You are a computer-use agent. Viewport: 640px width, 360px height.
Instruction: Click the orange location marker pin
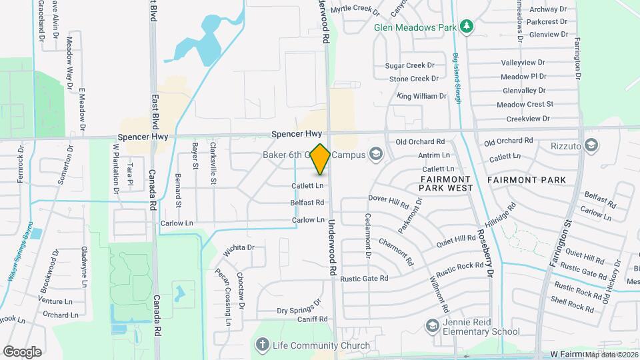coord(321,159)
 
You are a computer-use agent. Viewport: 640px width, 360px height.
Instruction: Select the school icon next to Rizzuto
coord(591,145)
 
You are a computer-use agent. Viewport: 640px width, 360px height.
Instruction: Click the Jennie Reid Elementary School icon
coord(431,325)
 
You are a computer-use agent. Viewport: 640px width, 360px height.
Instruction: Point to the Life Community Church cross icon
coord(262,345)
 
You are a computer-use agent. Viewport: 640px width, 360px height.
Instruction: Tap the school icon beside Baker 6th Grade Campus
coord(375,155)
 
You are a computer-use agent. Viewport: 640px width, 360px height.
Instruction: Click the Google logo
coord(22,351)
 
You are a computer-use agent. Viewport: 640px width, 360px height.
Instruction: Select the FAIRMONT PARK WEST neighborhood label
coord(446,184)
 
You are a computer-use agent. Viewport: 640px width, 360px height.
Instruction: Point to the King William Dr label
coord(421,96)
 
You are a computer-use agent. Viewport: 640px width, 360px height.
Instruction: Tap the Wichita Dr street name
coord(239,247)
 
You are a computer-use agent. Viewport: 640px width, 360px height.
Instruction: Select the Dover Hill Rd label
coord(388,199)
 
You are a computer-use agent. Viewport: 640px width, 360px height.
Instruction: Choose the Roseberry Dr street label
coord(485,254)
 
